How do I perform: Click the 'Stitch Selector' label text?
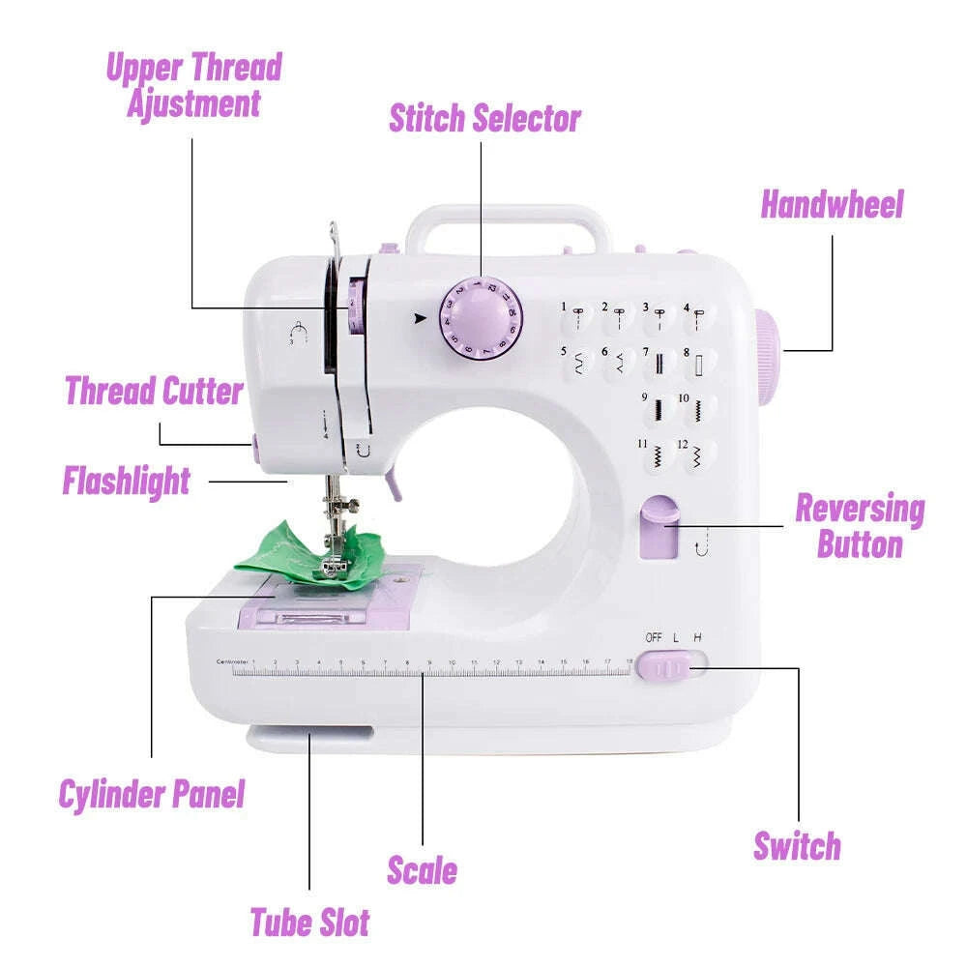coord(484,118)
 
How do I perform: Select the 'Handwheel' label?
coord(832,205)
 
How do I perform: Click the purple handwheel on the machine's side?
coord(765,353)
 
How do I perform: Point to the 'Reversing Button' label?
coord(859,526)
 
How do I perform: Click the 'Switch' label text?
coord(797,845)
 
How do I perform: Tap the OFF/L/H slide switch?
coord(670,666)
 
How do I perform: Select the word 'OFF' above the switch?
coord(654,637)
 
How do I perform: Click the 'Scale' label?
coord(422,869)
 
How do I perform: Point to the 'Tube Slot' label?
coord(309,922)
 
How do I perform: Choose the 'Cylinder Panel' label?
coord(152,794)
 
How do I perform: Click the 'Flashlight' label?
coord(127,481)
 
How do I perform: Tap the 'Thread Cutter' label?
coord(154,392)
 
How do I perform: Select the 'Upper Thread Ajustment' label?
coord(193,85)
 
